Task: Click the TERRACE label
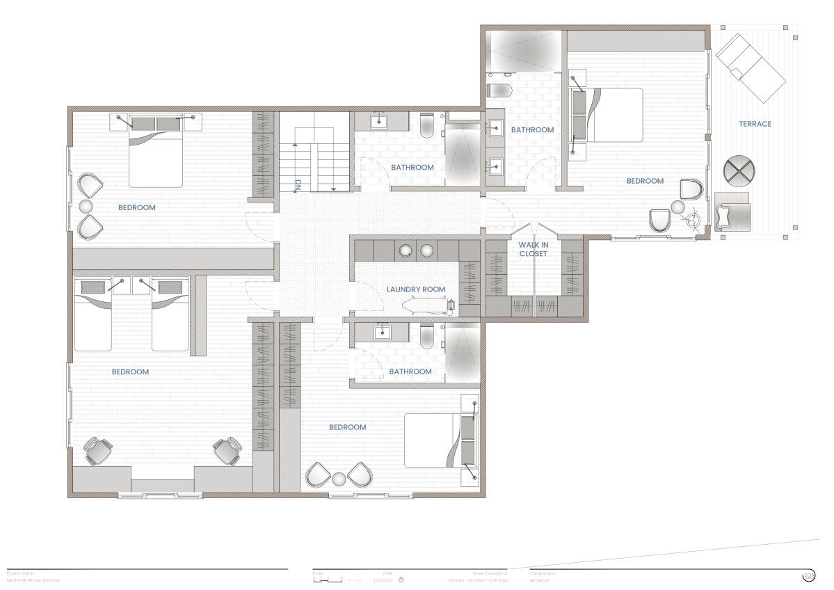coord(755,124)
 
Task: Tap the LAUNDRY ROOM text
coord(416,289)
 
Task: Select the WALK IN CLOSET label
coord(533,249)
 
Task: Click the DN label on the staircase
coord(297,186)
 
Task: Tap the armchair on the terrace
coord(732,212)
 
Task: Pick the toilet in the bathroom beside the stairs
coord(428,125)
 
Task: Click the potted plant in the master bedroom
coord(692,221)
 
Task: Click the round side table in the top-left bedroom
coord(86,207)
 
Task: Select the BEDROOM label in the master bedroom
coord(645,181)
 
